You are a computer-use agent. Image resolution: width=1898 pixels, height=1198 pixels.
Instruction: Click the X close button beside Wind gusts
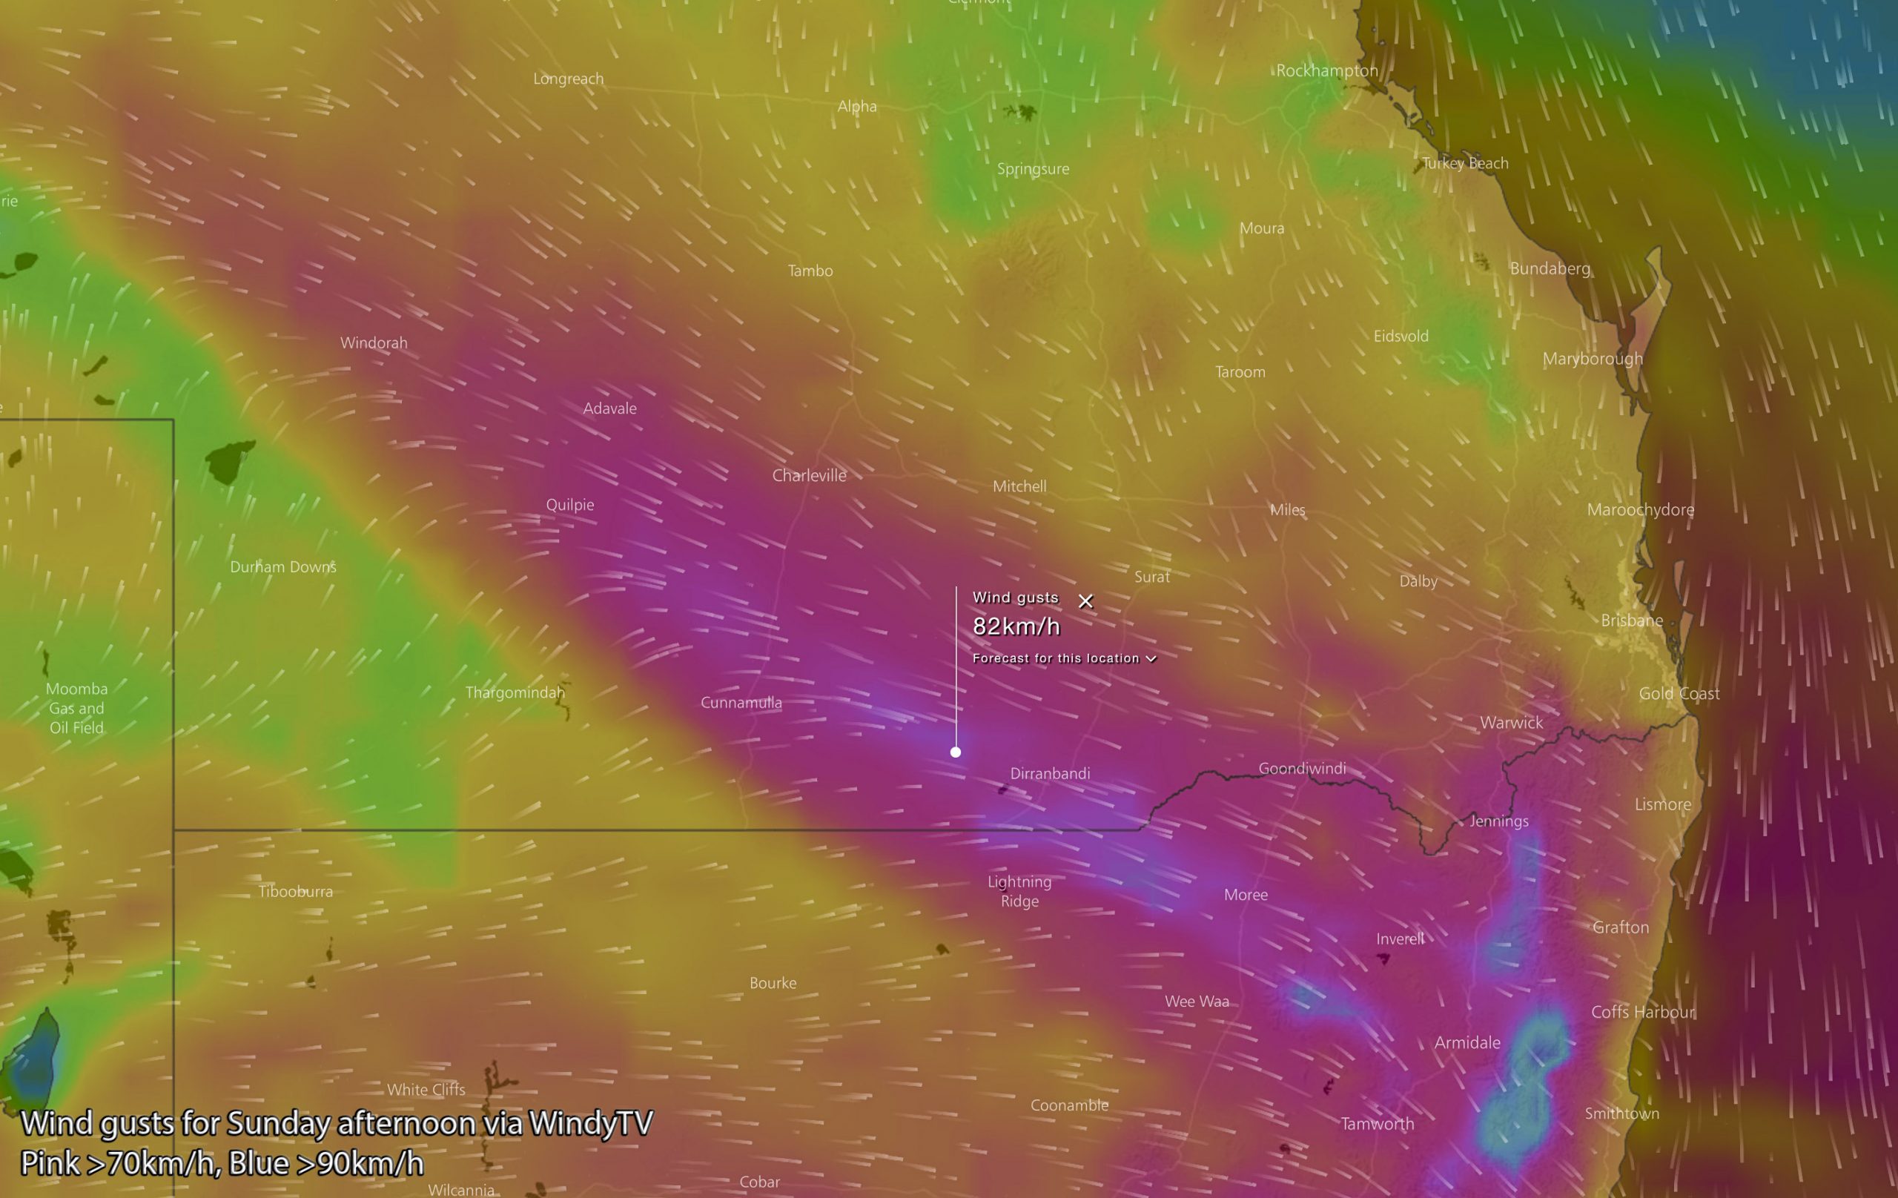[1085, 601]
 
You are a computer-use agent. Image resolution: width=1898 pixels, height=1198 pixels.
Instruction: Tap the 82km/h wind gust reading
[1016, 626]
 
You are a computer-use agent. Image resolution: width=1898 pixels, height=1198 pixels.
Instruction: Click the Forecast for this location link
[1063, 658]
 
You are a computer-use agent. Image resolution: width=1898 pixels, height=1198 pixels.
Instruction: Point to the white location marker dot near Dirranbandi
[956, 752]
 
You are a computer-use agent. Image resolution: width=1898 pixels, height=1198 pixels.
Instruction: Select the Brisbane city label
[1632, 620]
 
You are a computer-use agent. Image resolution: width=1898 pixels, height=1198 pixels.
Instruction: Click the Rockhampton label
[1326, 71]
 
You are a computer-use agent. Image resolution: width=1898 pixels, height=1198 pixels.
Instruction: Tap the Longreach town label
[569, 79]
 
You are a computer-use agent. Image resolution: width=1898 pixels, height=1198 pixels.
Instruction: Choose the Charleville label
[809, 475]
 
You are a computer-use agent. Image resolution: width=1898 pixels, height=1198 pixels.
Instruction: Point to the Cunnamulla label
[741, 702]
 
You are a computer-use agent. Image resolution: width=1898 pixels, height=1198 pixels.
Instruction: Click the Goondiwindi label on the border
[1301, 769]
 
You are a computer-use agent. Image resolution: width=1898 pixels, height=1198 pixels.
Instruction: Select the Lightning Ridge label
[1019, 891]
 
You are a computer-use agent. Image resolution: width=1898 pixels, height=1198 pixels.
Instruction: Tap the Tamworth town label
[1377, 1124]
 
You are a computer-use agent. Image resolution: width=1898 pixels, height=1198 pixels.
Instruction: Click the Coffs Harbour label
[1641, 1012]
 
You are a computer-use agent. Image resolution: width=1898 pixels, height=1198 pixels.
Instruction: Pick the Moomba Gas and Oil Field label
[76, 708]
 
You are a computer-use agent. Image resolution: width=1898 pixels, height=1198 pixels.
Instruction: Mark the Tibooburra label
[296, 891]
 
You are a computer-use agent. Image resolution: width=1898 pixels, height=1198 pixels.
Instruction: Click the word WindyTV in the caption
[590, 1123]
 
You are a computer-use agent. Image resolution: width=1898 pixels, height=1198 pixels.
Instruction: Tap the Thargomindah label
[515, 693]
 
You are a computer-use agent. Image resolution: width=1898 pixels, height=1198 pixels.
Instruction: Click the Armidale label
[1467, 1043]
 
